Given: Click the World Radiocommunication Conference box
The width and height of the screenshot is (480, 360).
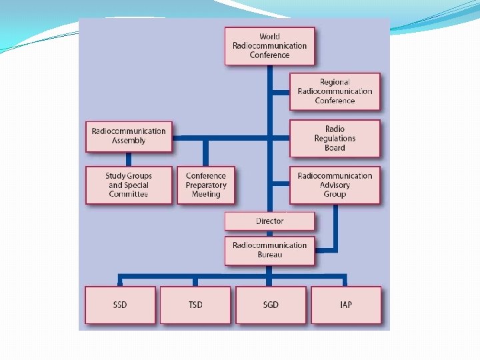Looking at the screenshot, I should (269, 46).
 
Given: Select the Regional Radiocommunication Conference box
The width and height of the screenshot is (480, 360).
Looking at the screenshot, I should (335, 91).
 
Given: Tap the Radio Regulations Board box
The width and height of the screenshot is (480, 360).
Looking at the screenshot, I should (335, 138).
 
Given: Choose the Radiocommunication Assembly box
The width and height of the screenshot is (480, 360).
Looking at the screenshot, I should (129, 136).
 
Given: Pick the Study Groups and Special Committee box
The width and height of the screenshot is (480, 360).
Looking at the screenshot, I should (129, 185).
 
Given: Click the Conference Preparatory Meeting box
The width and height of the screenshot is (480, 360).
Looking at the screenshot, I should (206, 185).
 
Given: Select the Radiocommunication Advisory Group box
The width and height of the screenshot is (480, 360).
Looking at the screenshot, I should (335, 185).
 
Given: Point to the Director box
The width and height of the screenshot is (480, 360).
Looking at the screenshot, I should (269, 221).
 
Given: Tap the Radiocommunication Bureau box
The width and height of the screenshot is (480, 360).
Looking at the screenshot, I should (269, 250).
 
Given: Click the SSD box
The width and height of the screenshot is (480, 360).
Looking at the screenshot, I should (121, 305).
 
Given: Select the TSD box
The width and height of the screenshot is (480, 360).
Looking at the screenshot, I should (195, 305).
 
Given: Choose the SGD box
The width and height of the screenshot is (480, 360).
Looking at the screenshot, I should (271, 305).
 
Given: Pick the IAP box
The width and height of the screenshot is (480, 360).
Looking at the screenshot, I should (346, 305).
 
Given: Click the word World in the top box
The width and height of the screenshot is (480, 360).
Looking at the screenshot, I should (269, 37).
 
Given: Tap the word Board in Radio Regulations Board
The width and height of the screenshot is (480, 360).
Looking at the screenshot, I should (335, 147).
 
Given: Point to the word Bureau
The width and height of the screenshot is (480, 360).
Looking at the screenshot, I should (269, 255).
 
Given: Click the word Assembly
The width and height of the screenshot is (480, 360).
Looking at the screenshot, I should (129, 141).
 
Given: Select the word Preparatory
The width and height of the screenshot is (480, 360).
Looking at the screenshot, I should (206, 185).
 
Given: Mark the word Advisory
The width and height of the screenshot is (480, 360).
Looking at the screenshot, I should (335, 185).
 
